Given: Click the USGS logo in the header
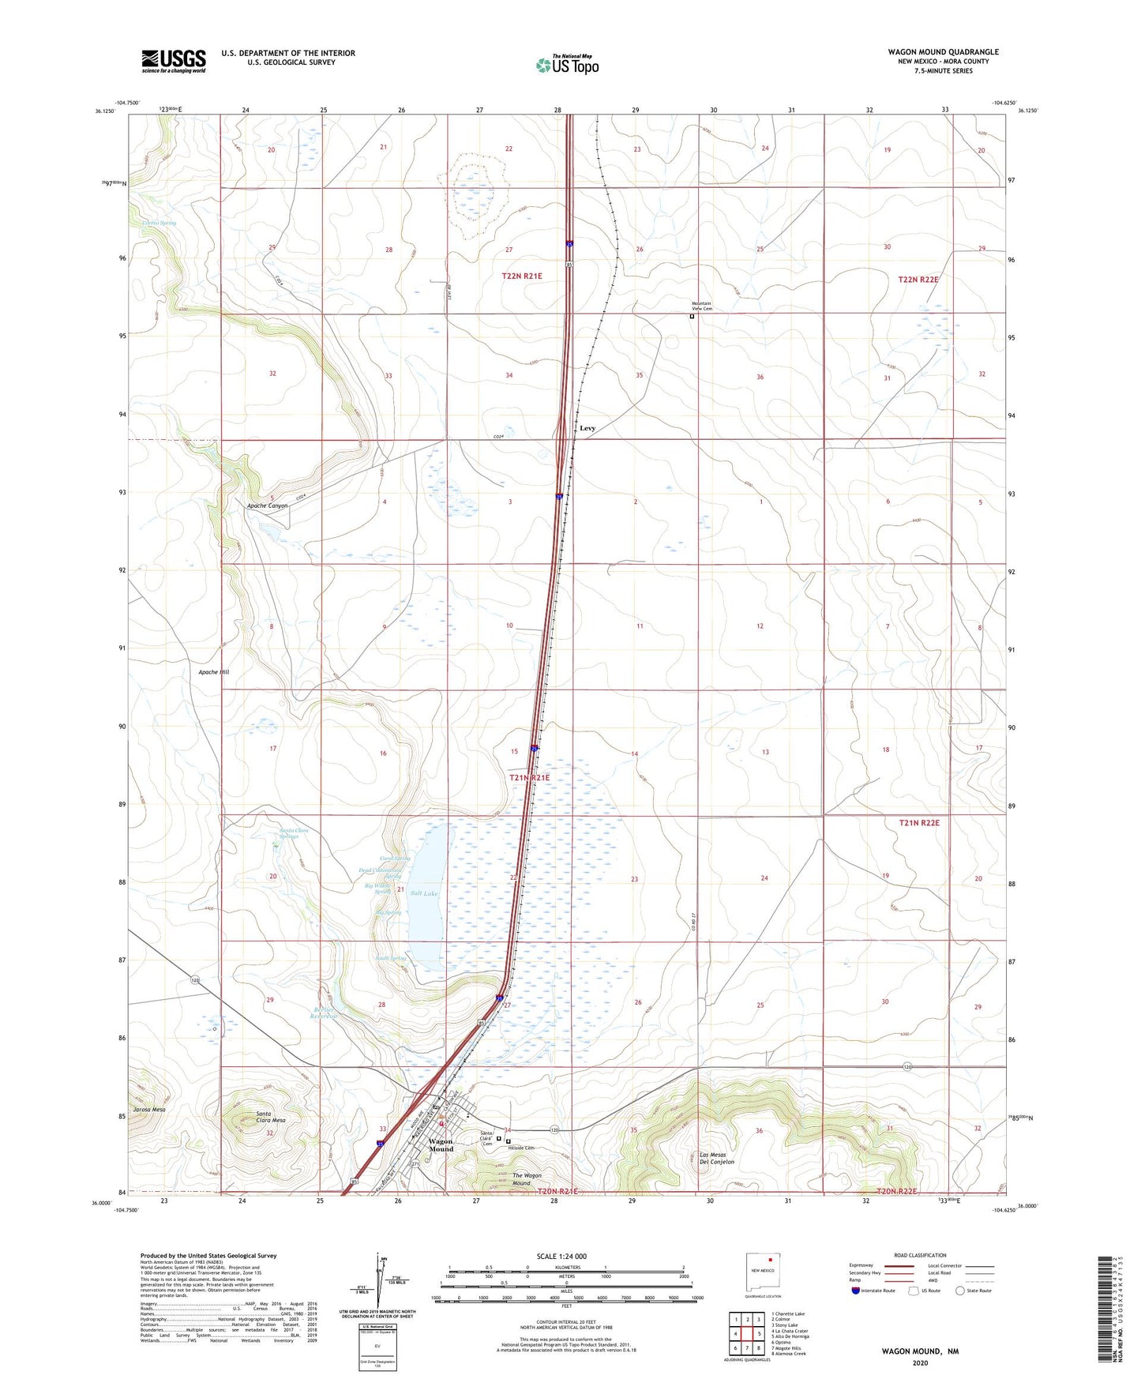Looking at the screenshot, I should [x=174, y=61].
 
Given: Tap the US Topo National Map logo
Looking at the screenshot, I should [x=567, y=65].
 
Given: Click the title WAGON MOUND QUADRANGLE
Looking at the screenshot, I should [x=943, y=52].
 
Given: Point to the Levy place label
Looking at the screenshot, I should [x=587, y=428].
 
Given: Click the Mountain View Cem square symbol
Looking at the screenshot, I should [x=692, y=317].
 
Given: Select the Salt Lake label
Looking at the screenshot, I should [x=424, y=893].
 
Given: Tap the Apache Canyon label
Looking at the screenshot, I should [x=267, y=505].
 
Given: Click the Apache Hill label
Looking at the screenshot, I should [x=213, y=672].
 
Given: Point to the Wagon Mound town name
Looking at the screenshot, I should [x=441, y=1145].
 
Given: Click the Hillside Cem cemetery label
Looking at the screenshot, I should [x=521, y=1148].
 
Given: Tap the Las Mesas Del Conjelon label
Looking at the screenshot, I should [x=717, y=1159].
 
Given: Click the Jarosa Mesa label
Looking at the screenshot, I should [x=149, y=1110].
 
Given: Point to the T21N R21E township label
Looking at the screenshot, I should [x=529, y=778].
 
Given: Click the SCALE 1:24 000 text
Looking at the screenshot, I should [x=561, y=1257].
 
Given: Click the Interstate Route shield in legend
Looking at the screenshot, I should [x=856, y=1291].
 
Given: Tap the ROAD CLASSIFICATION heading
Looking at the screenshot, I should [x=920, y=1255].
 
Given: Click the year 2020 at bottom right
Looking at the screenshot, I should [x=920, y=1362].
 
